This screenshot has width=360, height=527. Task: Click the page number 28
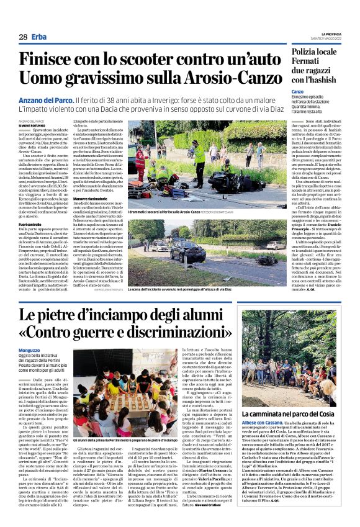pos(23,37)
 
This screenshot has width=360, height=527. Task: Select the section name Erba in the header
pos(40,37)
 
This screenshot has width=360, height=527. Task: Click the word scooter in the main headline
pos(142,61)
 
